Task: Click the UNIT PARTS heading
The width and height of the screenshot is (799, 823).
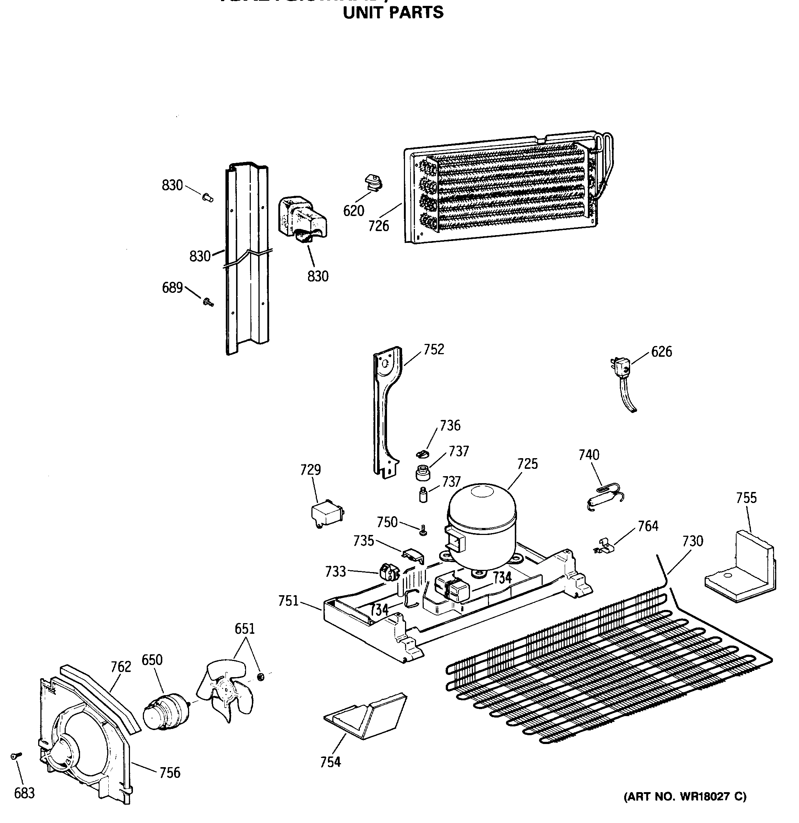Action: coord(393,12)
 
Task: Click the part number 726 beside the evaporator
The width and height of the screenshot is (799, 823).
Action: coord(379,226)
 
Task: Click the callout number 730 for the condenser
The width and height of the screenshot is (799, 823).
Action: coord(693,541)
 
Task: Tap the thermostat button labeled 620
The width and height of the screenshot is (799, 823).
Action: coord(372,183)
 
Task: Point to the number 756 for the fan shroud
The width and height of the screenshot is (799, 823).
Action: coord(170,772)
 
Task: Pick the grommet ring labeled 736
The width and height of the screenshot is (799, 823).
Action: coord(423,453)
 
